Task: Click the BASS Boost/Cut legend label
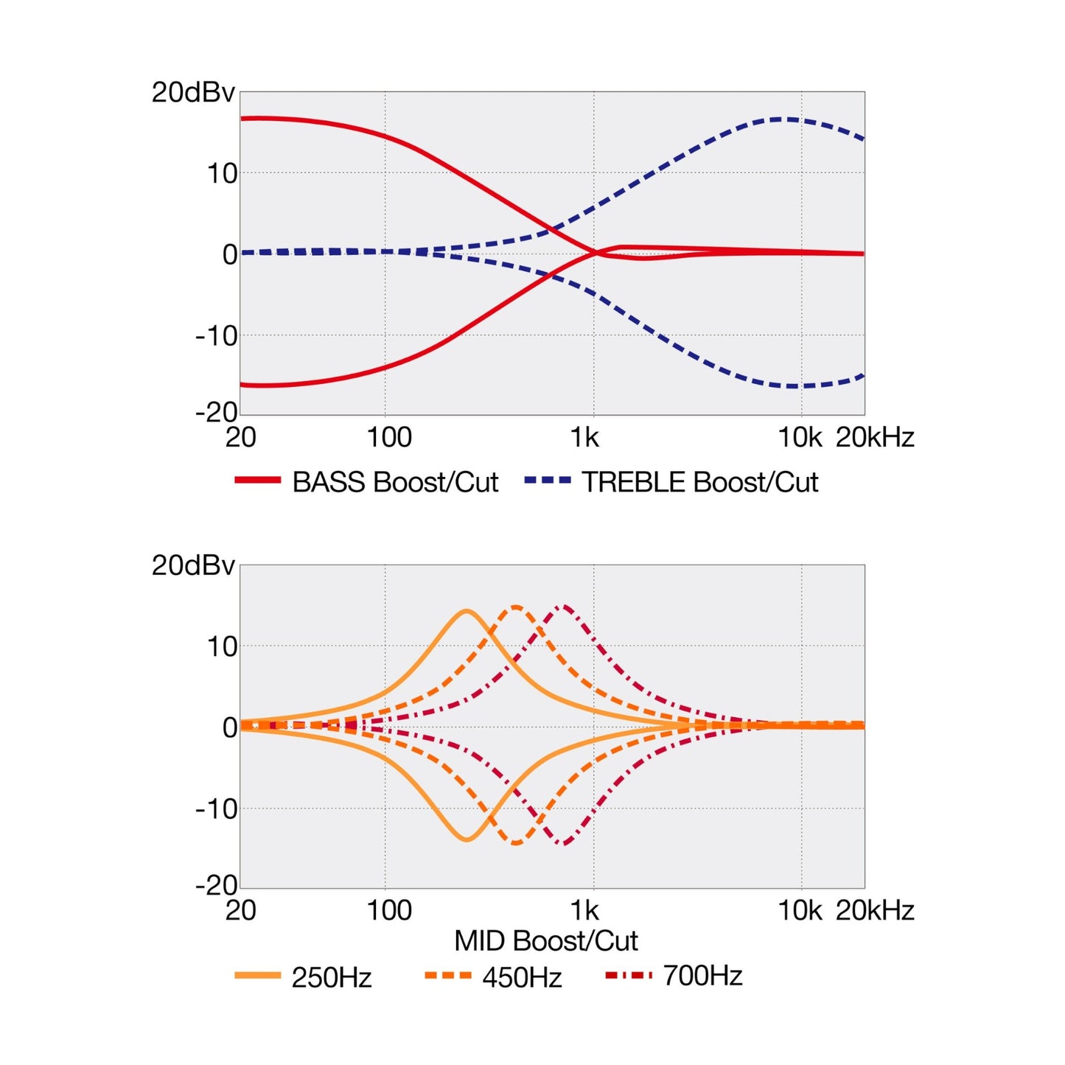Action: pyautogui.click(x=395, y=482)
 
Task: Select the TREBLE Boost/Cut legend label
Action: pyautogui.click(x=700, y=482)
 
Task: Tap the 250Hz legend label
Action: pyautogui.click(x=332, y=977)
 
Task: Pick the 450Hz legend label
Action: pyautogui.click(x=523, y=977)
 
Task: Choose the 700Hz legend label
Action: pyautogui.click(x=702, y=976)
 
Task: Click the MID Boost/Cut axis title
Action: pyautogui.click(x=546, y=940)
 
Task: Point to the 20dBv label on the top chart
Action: pyautogui.click(x=193, y=92)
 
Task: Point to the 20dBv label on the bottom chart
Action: pyautogui.click(x=193, y=565)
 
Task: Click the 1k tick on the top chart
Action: pyautogui.click(x=584, y=438)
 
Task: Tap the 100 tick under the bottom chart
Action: pyautogui.click(x=389, y=909)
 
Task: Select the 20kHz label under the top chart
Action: pyautogui.click(x=875, y=438)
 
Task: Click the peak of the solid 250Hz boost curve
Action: pyautogui.click(x=467, y=611)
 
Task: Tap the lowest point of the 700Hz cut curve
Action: pyautogui.click(x=563, y=844)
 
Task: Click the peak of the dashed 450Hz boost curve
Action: pyautogui.click(x=516, y=607)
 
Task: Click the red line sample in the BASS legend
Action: pyautogui.click(x=258, y=481)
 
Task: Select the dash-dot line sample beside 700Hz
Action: pyautogui.click(x=629, y=976)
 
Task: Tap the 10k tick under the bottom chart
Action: pyautogui.click(x=800, y=909)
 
